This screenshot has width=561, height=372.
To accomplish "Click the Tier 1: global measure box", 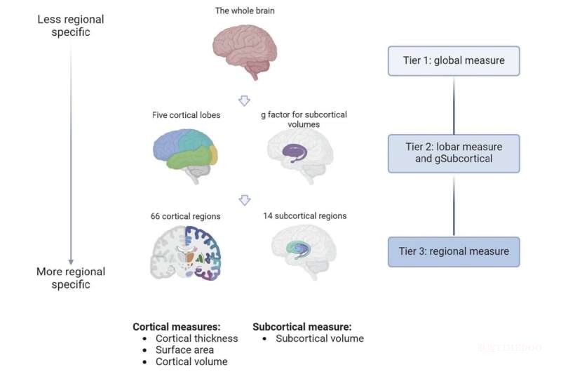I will [454, 61].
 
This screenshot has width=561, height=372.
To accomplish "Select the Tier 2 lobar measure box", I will [454, 153].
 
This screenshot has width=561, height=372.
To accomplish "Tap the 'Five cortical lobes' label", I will [184, 114].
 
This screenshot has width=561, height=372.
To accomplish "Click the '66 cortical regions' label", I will [185, 216].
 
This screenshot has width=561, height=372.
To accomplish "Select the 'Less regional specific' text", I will [70, 24].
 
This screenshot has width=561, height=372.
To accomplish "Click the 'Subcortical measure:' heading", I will [302, 326].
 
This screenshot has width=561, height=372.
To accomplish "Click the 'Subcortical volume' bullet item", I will [320, 338].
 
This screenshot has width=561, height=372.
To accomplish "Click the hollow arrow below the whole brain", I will [244, 100].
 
